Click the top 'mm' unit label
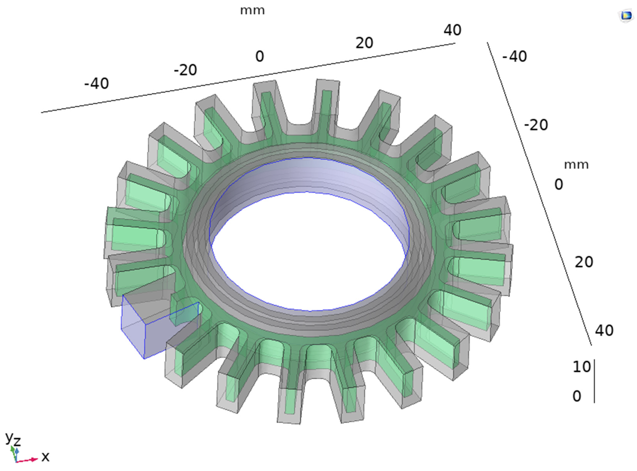point(252,11)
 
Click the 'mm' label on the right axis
point(576,165)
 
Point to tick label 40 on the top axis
point(452,30)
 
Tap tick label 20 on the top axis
point(364,43)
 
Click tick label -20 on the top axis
point(185,70)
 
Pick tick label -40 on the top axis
point(96,84)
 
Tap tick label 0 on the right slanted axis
point(559,184)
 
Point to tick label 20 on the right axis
point(584,262)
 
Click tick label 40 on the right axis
point(604,330)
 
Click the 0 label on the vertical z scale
point(577,396)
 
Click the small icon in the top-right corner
point(626,16)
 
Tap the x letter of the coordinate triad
point(45,457)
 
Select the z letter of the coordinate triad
point(17,441)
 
